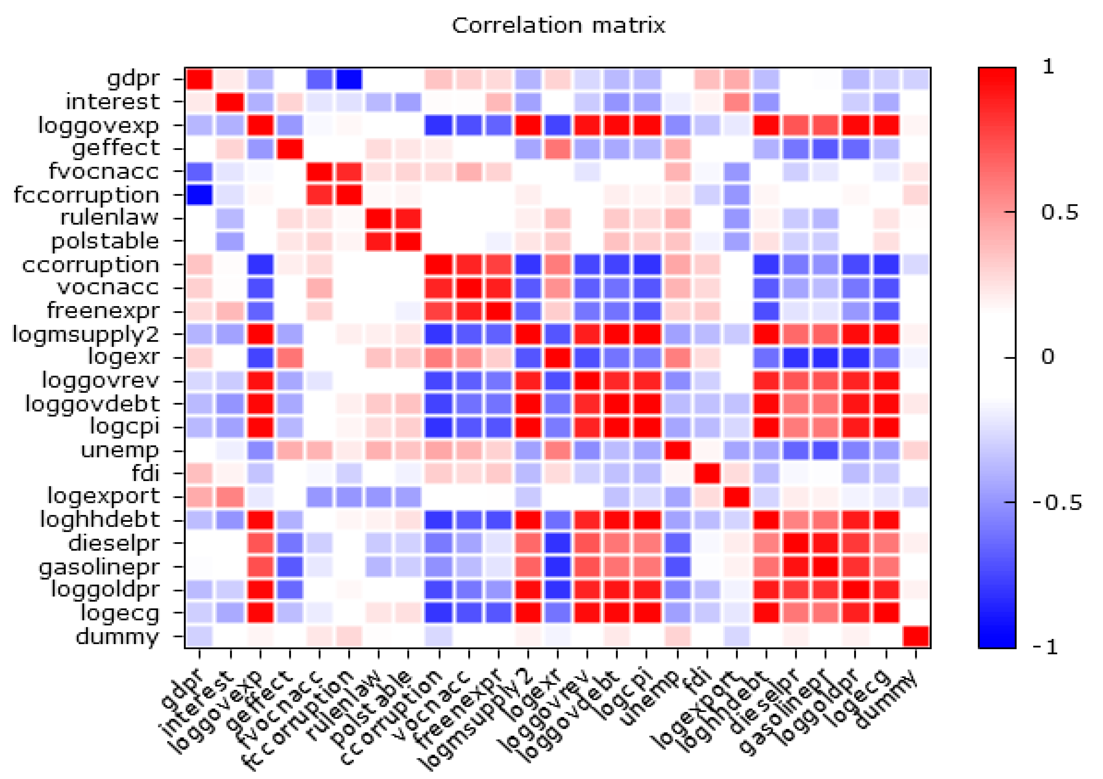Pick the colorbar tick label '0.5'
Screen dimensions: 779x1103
click(1060, 212)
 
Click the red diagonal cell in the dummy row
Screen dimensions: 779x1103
click(916, 637)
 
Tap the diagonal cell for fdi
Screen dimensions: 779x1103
click(707, 474)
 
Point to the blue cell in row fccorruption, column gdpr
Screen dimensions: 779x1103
click(199, 195)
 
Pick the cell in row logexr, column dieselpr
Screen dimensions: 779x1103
click(796, 357)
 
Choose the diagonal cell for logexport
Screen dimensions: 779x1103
click(736, 497)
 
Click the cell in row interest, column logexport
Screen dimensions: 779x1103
click(736, 102)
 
